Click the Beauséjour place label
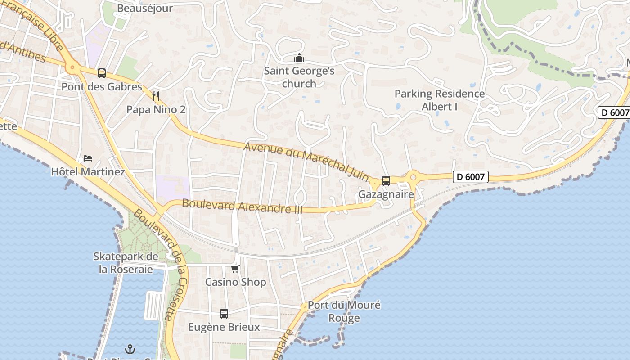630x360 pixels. pyautogui.click(x=144, y=8)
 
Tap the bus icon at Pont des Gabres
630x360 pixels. pyautogui.click(x=102, y=73)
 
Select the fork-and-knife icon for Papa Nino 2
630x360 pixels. pyautogui.click(x=156, y=96)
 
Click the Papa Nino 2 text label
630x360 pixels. pyautogui.click(x=156, y=109)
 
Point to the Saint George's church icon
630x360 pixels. pyautogui.click(x=299, y=58)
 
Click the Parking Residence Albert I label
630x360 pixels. pyautogui.click(x=439, y=100)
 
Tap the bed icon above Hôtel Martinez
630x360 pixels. pyautogui.click(x=88, y=158)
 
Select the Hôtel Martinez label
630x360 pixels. pyautogui.click(x=88, y=171)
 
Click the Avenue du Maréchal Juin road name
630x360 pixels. pyautogui.click(x=306, y=160)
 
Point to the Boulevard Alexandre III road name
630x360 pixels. pyautogui.click(x=242, y=207)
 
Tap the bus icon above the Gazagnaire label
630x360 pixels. pyautogui.click(x=386, y=181)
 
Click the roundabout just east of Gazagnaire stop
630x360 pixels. pyautogui.click(x=413, y=177)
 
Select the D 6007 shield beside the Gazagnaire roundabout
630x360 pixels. pyautogui.click(x=470, y=177)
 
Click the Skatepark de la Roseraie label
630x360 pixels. pyautogui.click(x=126, y=263)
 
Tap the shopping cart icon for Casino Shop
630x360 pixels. pyautogui.click(x=235, y=269)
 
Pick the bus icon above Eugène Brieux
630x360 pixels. pyautogui.click(x=224, y=314)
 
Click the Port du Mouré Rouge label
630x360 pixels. pyautogui.click(x=344, y=311)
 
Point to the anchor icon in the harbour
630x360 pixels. pyautogui.click(x=130, y=349)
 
